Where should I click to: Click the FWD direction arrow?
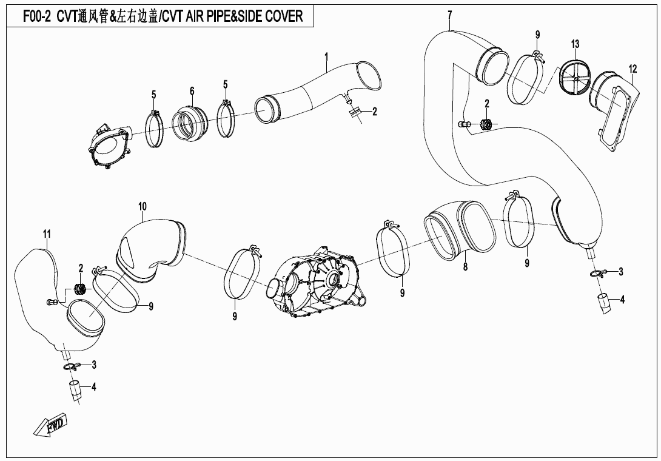(50, 423)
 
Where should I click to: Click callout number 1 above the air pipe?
(326, 56)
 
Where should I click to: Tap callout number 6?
(192, 90)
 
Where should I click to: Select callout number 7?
(450, 16)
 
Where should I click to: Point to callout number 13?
(575, 44)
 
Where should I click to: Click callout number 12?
(632, 69)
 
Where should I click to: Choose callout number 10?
(143, 206)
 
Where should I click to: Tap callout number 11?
(47, 234)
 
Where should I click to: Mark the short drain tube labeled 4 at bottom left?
(75, 389)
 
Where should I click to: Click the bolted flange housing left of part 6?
(109, 146)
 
